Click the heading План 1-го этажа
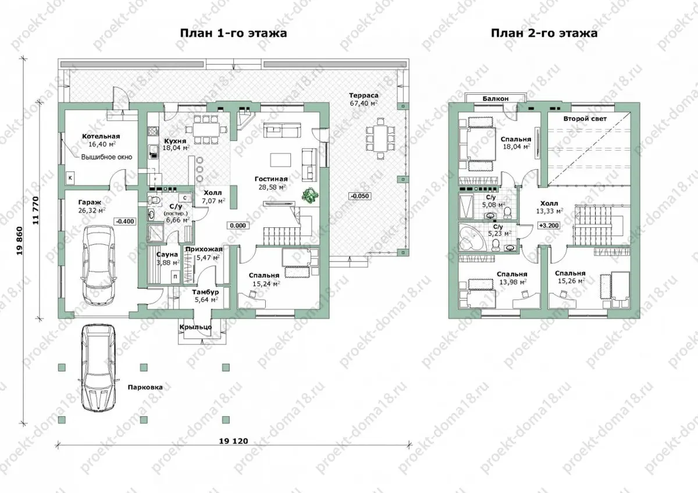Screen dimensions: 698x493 pyautogui.click(x=233, y=33)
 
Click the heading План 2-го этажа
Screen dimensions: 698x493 pyautogui.click(x=544, y=33)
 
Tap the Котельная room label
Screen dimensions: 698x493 pyautogui.click(x=101, y=137)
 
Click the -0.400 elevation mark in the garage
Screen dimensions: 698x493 pyautogui.click(x=125, y=222)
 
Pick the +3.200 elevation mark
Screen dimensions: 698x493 pyautogui.click(x=549, y=226)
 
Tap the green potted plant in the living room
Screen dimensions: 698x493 pyautogui.click(x=311, y=195)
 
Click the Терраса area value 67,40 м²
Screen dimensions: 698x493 pyautogui.click(x=364, y=103)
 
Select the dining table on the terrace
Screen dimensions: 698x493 pyautogui.click(x=380, y=138)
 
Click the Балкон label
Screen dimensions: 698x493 pyautogui.click(x=496, y=99)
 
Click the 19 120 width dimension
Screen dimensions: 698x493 pyautogui.click(x=233, y=441)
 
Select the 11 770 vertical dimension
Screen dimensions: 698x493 pyautogui.click(x=35, y=210)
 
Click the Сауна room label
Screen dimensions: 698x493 pyautogui.click(x=167, y=255)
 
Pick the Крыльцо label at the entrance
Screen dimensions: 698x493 pyautogui.click(x=195, y=327)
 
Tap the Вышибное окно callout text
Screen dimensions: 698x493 pyautogui.click(x=106, y=157)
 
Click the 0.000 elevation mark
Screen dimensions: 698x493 pyautogui.click(x=238, y=226)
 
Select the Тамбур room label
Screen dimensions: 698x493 pyautogui.click(x=205, y=292)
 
